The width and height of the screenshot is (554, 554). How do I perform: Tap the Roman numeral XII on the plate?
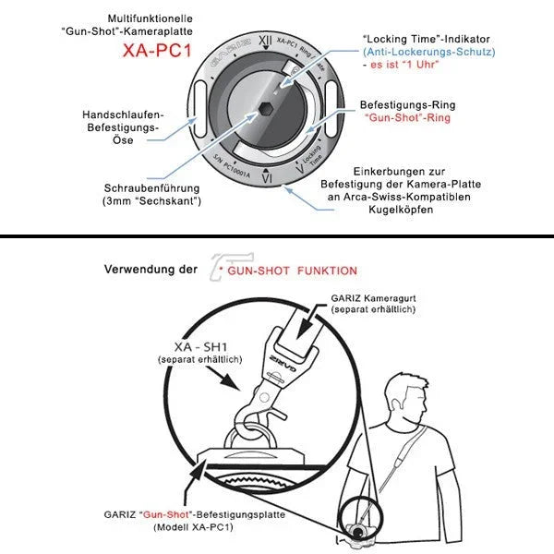(266, 40)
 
